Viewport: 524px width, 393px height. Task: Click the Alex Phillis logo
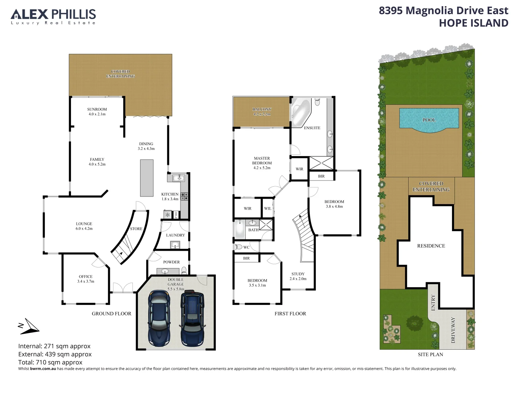coord(53,17)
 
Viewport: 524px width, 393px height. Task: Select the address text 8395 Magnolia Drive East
coord(443,11)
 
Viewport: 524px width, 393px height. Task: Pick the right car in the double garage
coord(192,318)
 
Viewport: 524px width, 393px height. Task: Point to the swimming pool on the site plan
coord(429,119)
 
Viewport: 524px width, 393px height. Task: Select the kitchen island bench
coord(147,178)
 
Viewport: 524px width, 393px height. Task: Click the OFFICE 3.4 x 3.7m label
coord(86,279)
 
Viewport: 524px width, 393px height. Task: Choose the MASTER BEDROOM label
coord(262,163)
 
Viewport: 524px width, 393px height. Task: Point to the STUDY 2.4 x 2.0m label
coord(298,276)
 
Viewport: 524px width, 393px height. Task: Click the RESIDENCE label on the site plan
coord(431,246)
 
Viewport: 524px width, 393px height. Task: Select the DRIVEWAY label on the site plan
coord(453,330)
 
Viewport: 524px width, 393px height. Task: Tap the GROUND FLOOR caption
coord(111,314)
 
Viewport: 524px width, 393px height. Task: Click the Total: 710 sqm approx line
coord(50,362)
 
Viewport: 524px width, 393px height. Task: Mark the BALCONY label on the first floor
coord(262,111)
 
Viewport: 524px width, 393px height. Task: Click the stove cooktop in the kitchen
coord(184,196)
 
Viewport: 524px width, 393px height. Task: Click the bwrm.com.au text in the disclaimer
coord(43,369)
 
